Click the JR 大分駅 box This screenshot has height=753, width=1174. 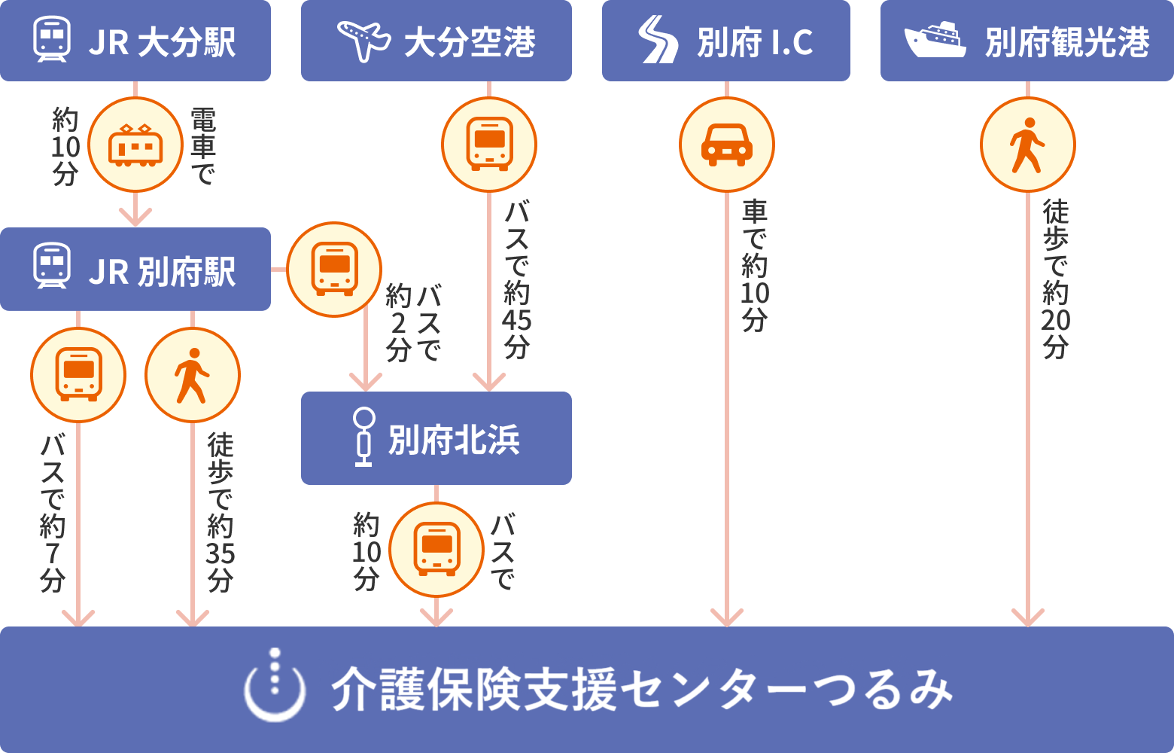click(135, 41)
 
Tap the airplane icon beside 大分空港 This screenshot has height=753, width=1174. click(363, 40)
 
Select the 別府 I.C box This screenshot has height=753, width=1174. click(725, 41)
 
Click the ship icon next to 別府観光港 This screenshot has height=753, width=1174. click(935, 40)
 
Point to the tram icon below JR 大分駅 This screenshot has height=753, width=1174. click(135, 145)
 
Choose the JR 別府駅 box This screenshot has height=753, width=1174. click(135, 270)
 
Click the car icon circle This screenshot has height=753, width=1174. click(726, 145)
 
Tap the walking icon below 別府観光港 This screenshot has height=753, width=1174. click(1027, 145)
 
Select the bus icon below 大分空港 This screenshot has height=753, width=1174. click(489, 145)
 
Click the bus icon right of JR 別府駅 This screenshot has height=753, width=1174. click(334, 270)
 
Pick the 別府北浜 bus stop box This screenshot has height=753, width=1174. click(436, 438)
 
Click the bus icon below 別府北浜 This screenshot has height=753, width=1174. click(436, 550)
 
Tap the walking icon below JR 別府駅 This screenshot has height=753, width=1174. click(193, 375)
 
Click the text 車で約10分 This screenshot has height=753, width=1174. click(755, 265)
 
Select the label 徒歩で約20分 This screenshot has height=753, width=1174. click(1056, 279)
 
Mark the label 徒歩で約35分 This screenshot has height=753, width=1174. click(221, 512)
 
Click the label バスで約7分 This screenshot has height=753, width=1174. click(53, 512)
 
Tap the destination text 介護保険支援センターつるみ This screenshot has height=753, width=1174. click(641, 689)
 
